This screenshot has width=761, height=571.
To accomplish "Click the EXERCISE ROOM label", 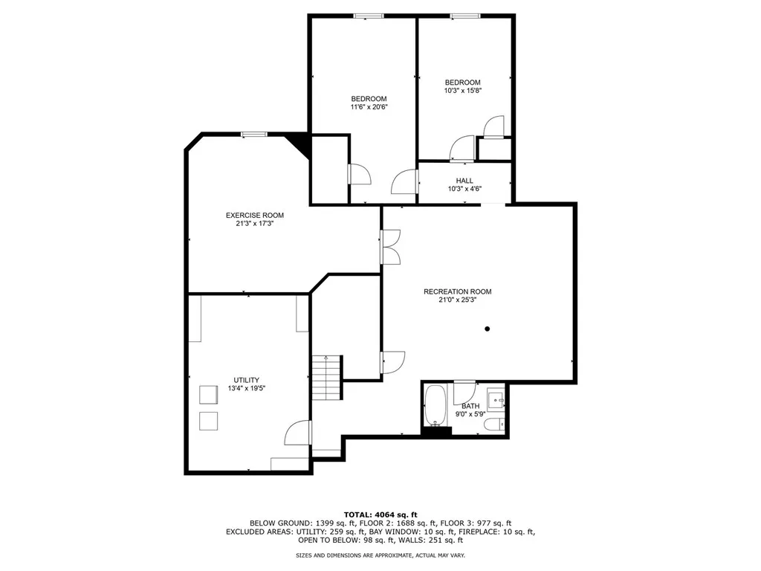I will point(255,216).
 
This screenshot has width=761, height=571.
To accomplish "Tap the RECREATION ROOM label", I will point(457,291).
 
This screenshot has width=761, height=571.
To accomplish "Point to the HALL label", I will point(464,181).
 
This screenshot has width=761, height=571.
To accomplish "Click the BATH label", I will point(470,406).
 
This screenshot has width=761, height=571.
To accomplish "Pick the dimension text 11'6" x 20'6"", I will point(369,107).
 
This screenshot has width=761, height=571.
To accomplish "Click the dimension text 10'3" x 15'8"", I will point(463,91).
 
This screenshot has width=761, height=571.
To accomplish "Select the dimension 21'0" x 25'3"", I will point(457,300).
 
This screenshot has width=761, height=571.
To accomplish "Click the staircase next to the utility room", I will point(326,377).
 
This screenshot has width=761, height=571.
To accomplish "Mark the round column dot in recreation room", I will point(488,329).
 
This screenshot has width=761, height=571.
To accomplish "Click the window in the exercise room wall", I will point(253,135).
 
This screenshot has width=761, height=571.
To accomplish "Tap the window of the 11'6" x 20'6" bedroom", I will point(368,16).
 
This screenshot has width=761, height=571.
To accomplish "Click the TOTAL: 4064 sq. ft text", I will point(380,514).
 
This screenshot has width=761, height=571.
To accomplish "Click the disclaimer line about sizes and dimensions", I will point(380,555).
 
